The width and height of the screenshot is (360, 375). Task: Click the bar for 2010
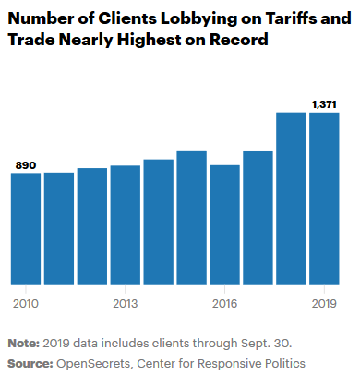click(x=25, y=228)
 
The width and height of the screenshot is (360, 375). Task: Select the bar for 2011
click(x=58, y=228)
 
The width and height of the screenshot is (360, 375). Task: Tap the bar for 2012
click(x=91, y=226)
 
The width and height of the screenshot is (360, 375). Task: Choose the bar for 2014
click(x=158, y=222)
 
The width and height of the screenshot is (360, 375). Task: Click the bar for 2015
click(x=191, y=217)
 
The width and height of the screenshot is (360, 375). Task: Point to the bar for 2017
click(x=258, y=217)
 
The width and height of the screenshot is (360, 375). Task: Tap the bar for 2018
click(x=291, y=198)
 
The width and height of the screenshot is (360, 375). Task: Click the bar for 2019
click(x=324, y=198)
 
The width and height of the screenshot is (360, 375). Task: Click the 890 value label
click(x=26, y=164)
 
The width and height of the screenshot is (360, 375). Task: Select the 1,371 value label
click(x=324, y=104)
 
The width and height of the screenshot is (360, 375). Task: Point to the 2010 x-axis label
click(x=25, y=302)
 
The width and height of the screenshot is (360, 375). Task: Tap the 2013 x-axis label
click(x=125, y=302)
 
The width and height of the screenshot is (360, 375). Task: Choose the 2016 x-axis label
click(x=224, y=302)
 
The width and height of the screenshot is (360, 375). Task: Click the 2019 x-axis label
click(x=324, y=302)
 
